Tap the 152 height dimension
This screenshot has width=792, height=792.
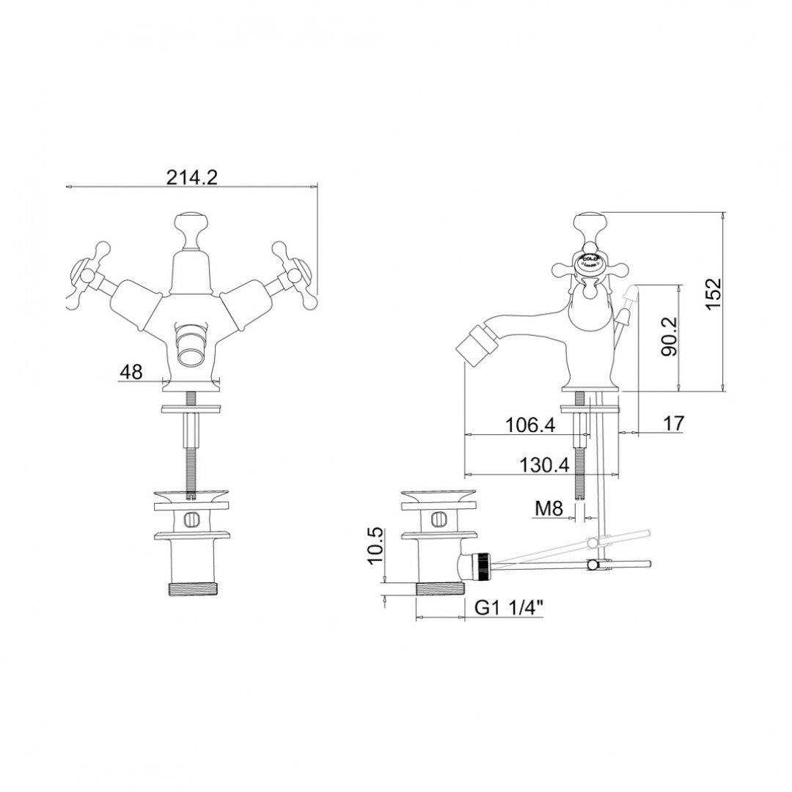pos(714,295)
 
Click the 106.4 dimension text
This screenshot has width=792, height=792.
pos(531,425)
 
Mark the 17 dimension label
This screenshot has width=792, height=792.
pos(674,423)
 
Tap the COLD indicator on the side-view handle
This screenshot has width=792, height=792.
pos(590,260)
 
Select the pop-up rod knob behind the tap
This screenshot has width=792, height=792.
pos(628,297)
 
